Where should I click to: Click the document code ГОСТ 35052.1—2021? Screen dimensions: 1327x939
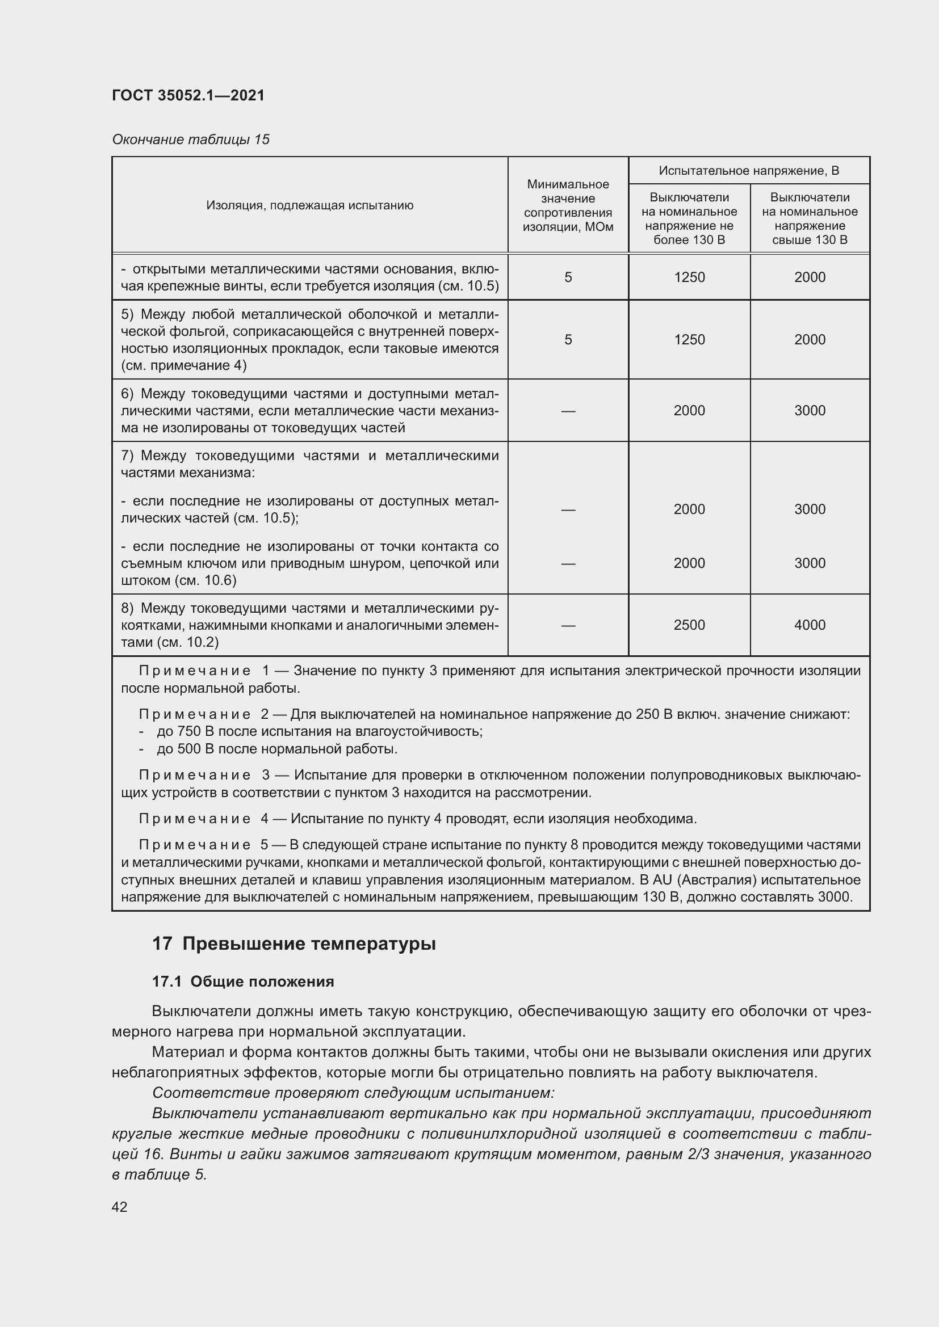click(x=188, y=95)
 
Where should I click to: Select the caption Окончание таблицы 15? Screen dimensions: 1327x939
click(x=191, y=140)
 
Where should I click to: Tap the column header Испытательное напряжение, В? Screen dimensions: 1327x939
click(x=749, y=171)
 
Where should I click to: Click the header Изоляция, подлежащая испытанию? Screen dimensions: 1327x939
click(x=310, y=205)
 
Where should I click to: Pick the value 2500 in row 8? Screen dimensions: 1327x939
click(x=689, y=625)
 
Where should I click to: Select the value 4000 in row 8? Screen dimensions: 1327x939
click(x=810, y=625)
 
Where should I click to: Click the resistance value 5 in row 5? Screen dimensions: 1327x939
click(x=568, y=339)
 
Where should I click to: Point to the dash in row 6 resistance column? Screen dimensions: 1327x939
click(x=568, y=410)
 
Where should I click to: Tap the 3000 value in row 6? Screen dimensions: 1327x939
click(x=810, y=410)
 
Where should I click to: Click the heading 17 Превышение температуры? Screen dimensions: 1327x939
click(x=294, y=944)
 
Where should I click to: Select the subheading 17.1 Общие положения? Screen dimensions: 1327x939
click(x=243, y=981)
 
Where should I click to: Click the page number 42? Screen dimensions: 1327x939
click(x=120, y=1207)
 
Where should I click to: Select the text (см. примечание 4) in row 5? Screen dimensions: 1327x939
click(x=184, y=365)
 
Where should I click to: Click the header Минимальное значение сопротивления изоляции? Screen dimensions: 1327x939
click(x=568, y=205)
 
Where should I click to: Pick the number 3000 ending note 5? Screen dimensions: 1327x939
click(x=835, y=897)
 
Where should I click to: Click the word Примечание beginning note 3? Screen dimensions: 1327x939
click(x=195, y=775)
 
